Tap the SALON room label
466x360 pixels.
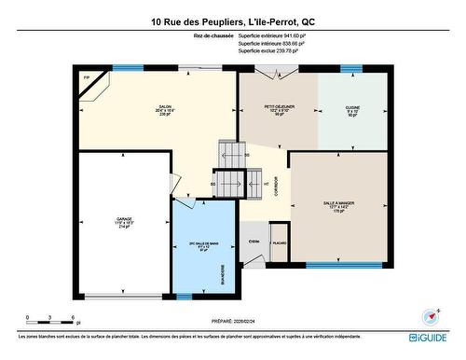pos(164,108)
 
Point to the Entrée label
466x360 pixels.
pos(254,241)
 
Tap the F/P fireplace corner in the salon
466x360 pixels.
pos(87,78)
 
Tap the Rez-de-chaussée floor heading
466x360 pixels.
pos(213,35)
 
